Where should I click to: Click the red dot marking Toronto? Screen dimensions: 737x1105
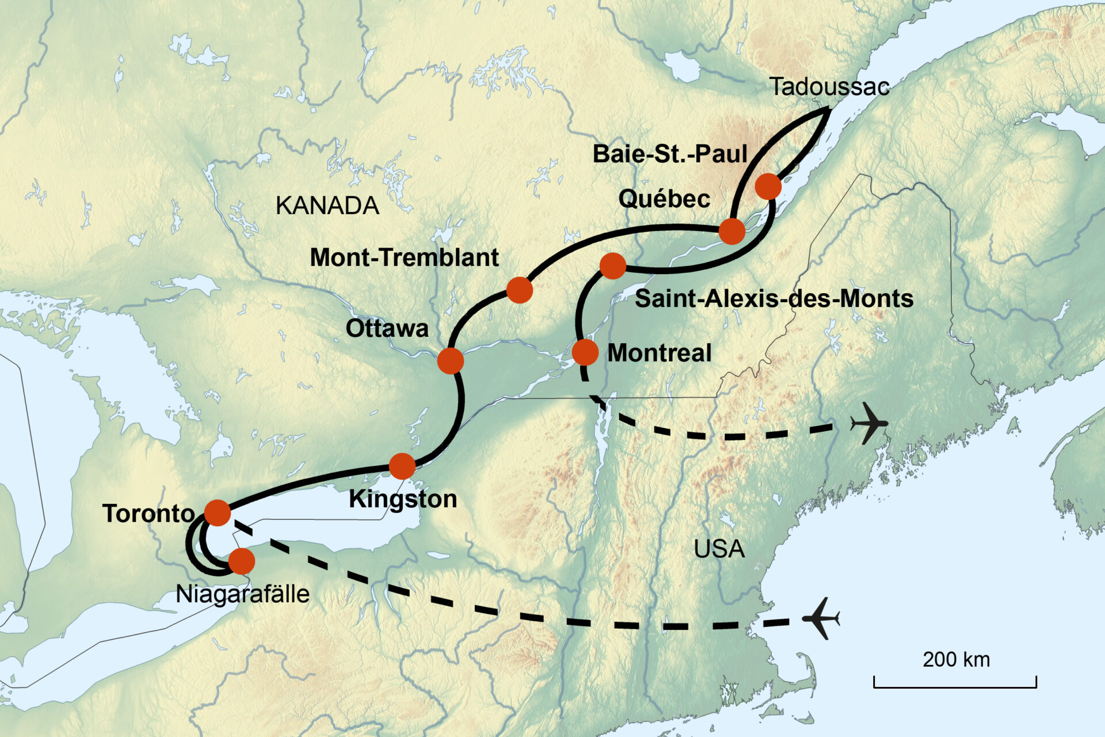218,512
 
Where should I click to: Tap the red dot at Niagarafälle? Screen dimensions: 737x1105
242,561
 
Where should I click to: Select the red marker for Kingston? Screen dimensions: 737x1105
402,466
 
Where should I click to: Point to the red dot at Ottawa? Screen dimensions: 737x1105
450,361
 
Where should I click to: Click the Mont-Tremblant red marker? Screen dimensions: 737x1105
519,290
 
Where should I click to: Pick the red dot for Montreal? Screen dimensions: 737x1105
585,352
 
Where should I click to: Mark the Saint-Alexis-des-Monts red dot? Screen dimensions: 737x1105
612,265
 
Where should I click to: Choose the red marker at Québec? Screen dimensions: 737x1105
732,231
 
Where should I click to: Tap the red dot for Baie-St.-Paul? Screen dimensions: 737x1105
768,186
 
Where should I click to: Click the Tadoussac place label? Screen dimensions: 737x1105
829,87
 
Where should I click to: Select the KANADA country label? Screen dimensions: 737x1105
327,206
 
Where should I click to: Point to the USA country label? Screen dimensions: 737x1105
719,549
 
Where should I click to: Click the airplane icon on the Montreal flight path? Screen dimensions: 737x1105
869,424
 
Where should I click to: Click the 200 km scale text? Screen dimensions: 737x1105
956,659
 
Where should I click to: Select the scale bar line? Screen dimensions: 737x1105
955,686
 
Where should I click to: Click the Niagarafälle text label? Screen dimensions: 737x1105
242,594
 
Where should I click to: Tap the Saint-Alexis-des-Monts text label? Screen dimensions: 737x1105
773,298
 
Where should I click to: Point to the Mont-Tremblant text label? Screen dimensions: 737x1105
404,257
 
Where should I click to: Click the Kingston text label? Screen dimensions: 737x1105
403,499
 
